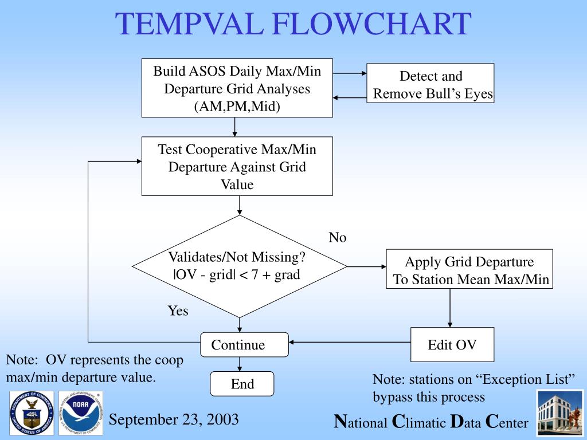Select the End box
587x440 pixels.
coord(242,384)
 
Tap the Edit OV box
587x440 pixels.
coord(452,345)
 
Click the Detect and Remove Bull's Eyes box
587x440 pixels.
coord(431,84)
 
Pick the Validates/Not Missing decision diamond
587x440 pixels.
coord(240,266)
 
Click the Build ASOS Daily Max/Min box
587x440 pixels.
coord(237,89)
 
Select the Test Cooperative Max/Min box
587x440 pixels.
coord(237,167)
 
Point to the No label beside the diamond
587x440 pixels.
coord(338,237)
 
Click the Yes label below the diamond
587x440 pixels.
coord(178,311)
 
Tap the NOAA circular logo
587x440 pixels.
coord(81,412)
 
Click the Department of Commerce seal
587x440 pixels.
coord(32,412)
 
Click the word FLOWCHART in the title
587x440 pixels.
coord(371,25)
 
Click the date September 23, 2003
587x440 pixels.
coord(174,419)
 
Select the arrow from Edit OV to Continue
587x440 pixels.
coord(350,343)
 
